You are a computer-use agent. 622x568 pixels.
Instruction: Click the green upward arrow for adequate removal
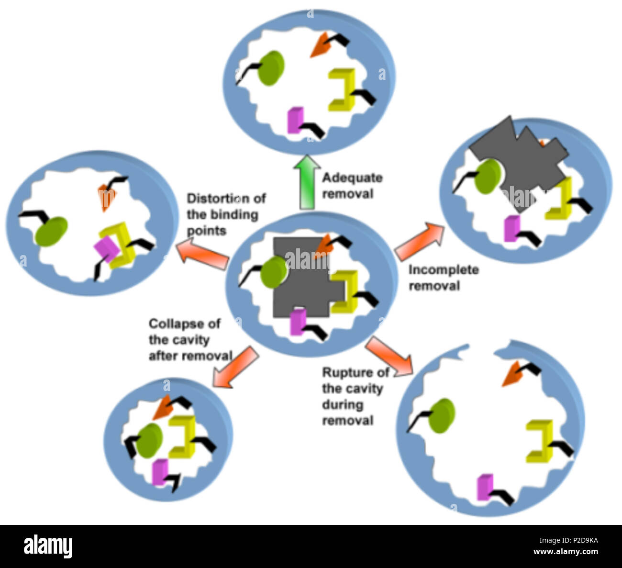tap(307, 182)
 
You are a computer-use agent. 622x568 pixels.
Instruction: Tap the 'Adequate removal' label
tap(353, 186)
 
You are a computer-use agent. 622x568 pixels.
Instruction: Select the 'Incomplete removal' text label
tap(444, 278)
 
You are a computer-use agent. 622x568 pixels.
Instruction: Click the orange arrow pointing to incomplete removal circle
tap(419, 242)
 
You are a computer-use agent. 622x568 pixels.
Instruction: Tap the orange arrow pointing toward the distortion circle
tap(202, 254)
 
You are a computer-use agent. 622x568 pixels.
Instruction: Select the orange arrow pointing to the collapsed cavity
tap(236, 368)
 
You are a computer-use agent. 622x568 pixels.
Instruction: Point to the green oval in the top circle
tap(271, 68)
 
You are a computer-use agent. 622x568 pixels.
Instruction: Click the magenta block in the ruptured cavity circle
tap(485, 487)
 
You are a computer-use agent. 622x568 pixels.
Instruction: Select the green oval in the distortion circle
tap(51, 232)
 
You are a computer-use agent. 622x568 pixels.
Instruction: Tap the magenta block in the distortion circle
tap(107, 248)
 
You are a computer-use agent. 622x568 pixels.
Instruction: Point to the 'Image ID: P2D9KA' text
tap(569, 540)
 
